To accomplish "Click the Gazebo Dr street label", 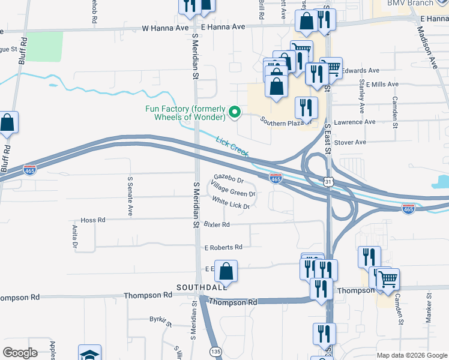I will tap(229, 180).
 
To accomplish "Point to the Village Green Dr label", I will tap(234, 193).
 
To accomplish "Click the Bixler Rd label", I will tap(217, 224).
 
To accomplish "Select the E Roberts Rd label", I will tap(223, 247).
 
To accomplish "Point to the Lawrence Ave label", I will tap(354, 122).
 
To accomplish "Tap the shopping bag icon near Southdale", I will tap(226, 272).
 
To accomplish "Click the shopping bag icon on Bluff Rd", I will tap(7, 122).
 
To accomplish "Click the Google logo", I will tap(20, 353).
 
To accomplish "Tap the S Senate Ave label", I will tap(130, 196).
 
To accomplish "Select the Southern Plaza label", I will tap(280, 122).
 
